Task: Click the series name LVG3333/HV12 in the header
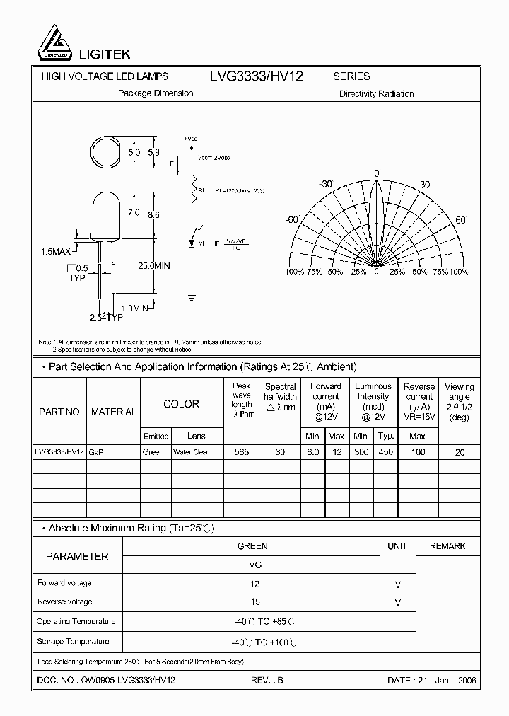click(x=256, y=76)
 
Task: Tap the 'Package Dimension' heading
click(x=155, y=93)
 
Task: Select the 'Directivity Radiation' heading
click(x=376, y=93)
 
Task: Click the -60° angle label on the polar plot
click(x=293, y=220)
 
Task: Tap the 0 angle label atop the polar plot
click(x=377, y=173)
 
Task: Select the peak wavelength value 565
click(x=241, y=452)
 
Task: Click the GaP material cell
click(x=95, y=452)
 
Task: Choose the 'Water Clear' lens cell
click(x=191, y=452)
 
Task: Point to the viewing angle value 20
click(x=460, y=452)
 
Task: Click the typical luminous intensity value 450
click(x=385, y=452)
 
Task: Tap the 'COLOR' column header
click(x=181, y=404)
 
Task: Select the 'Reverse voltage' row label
click(x=64, y=601)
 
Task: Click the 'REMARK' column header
click(x=447, y=545)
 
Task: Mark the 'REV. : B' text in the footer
click(x=267, y=680)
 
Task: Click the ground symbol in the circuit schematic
click(x=194, y=297)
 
